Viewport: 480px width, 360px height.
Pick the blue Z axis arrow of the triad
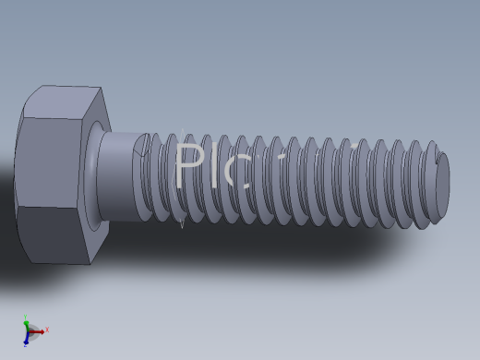(x=26, y=339)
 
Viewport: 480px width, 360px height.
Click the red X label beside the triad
(x=47, y=330)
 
